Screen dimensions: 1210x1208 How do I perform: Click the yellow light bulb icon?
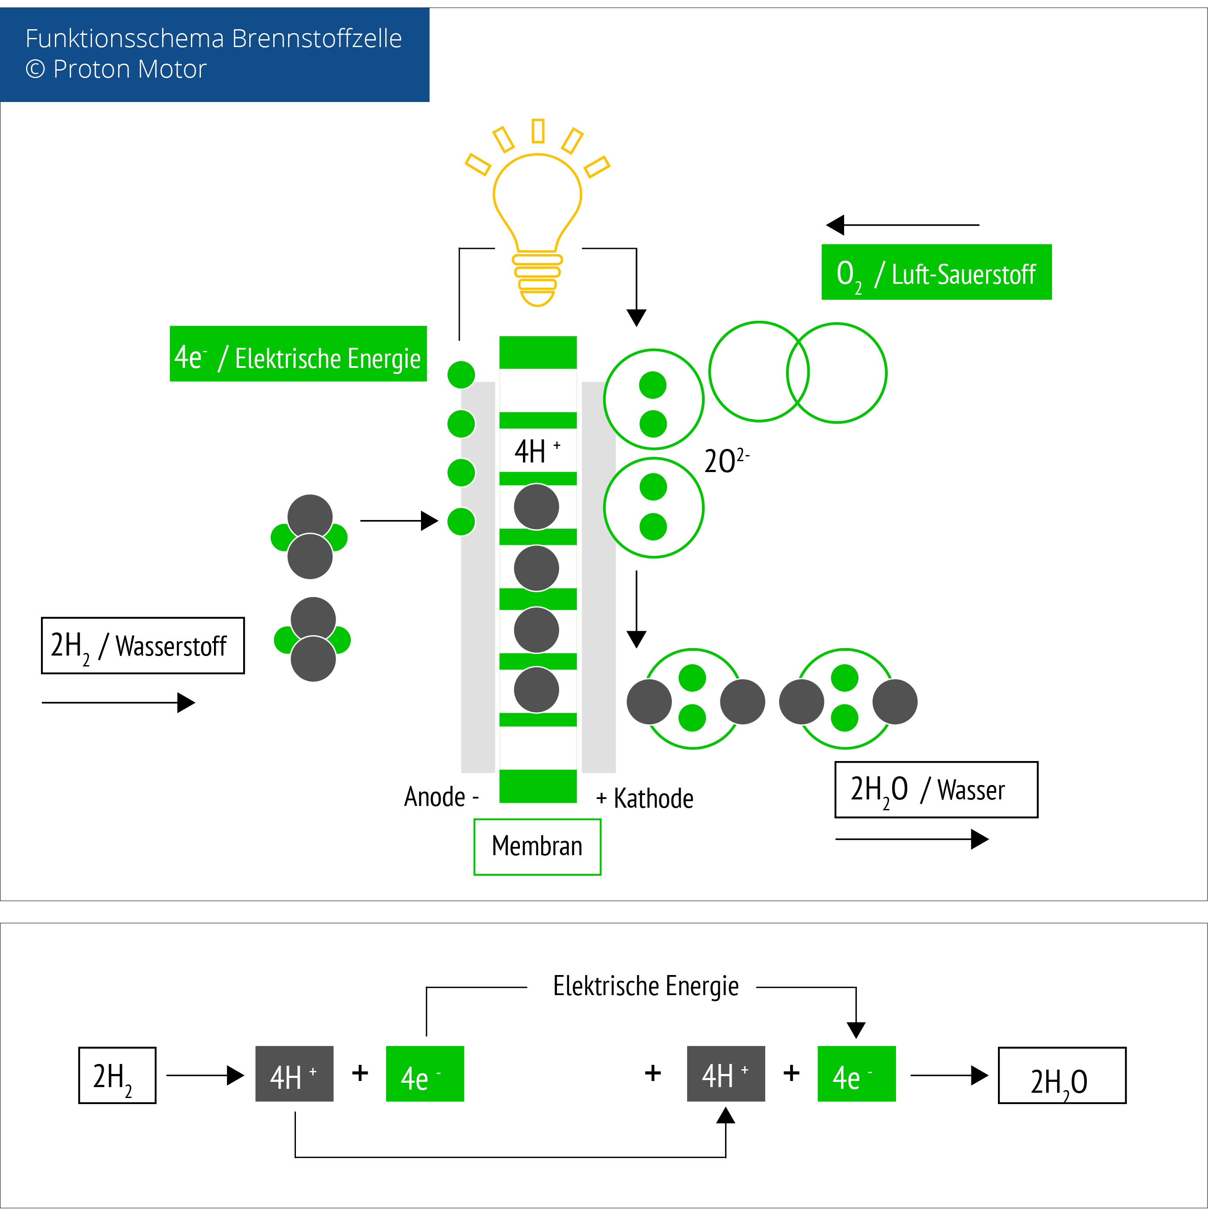[537, 213]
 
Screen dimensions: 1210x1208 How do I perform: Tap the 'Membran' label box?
[537, 846]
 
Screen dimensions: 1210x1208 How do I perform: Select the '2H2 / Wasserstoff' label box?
[143, 646]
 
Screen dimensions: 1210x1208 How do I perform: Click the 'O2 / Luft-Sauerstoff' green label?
[936, 272]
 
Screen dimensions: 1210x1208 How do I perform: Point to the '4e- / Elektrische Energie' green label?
[298, 354]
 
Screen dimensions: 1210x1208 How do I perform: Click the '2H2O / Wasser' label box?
[936, 790]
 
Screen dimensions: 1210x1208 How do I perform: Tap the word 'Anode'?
[434, 797]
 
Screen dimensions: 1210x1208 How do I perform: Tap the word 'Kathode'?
[653, 799]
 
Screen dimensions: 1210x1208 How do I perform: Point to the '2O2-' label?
[726, 461]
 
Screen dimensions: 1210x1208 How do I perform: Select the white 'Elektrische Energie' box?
[641, 989]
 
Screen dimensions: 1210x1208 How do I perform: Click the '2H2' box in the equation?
[117, 1075]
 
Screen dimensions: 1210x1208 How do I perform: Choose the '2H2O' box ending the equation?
[1062, 1075]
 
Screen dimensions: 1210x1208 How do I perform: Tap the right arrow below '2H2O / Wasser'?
[913, 839]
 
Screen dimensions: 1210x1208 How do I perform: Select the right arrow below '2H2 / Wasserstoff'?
[119, 703]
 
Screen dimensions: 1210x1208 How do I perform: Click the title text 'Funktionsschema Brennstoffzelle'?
[213, 39]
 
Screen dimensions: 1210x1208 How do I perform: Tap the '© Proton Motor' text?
[116, 69]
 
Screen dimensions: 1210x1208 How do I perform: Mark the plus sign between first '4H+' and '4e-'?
[360, 1073]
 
